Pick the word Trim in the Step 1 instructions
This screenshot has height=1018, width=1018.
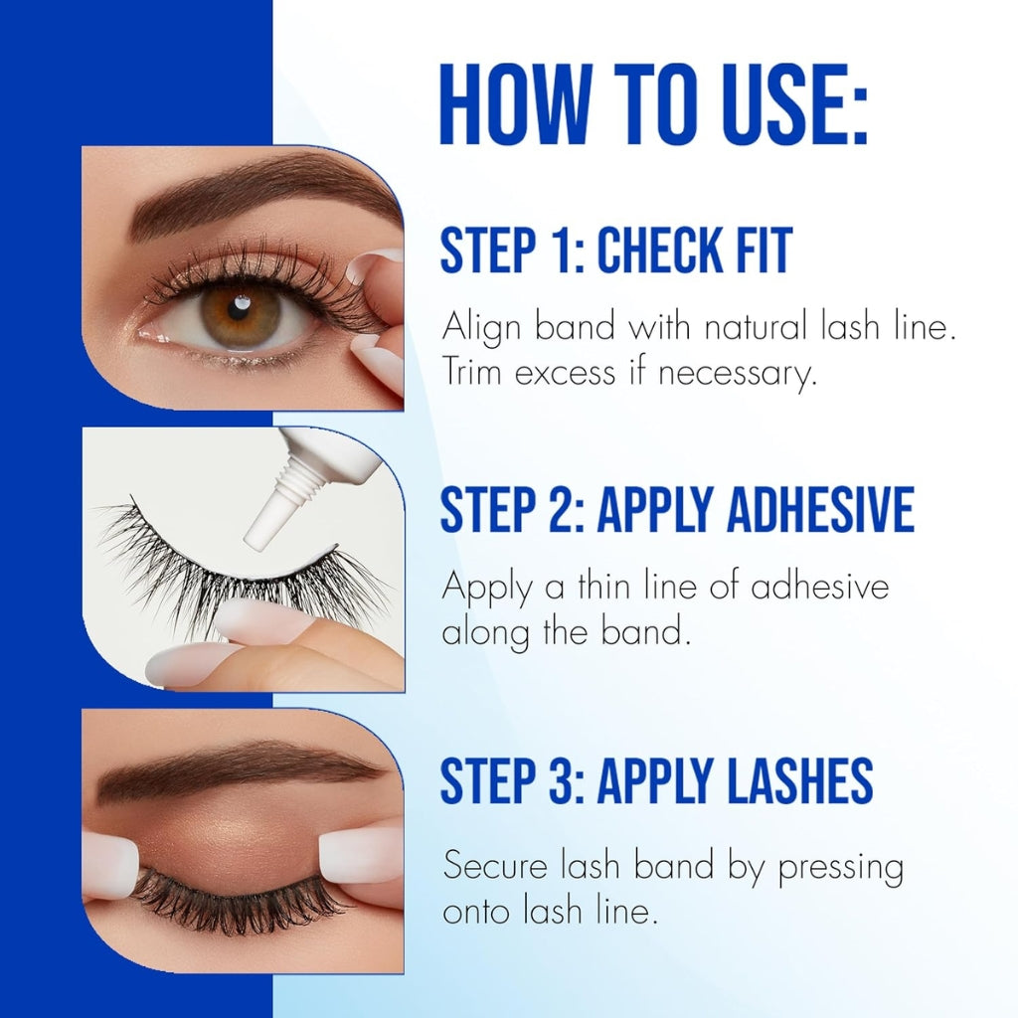tap(475, 375)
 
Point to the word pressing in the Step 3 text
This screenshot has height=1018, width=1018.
tap(840, 867)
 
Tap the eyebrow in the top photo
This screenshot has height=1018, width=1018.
tap(258, 194)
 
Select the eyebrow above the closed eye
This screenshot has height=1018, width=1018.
tap(239, 771)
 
